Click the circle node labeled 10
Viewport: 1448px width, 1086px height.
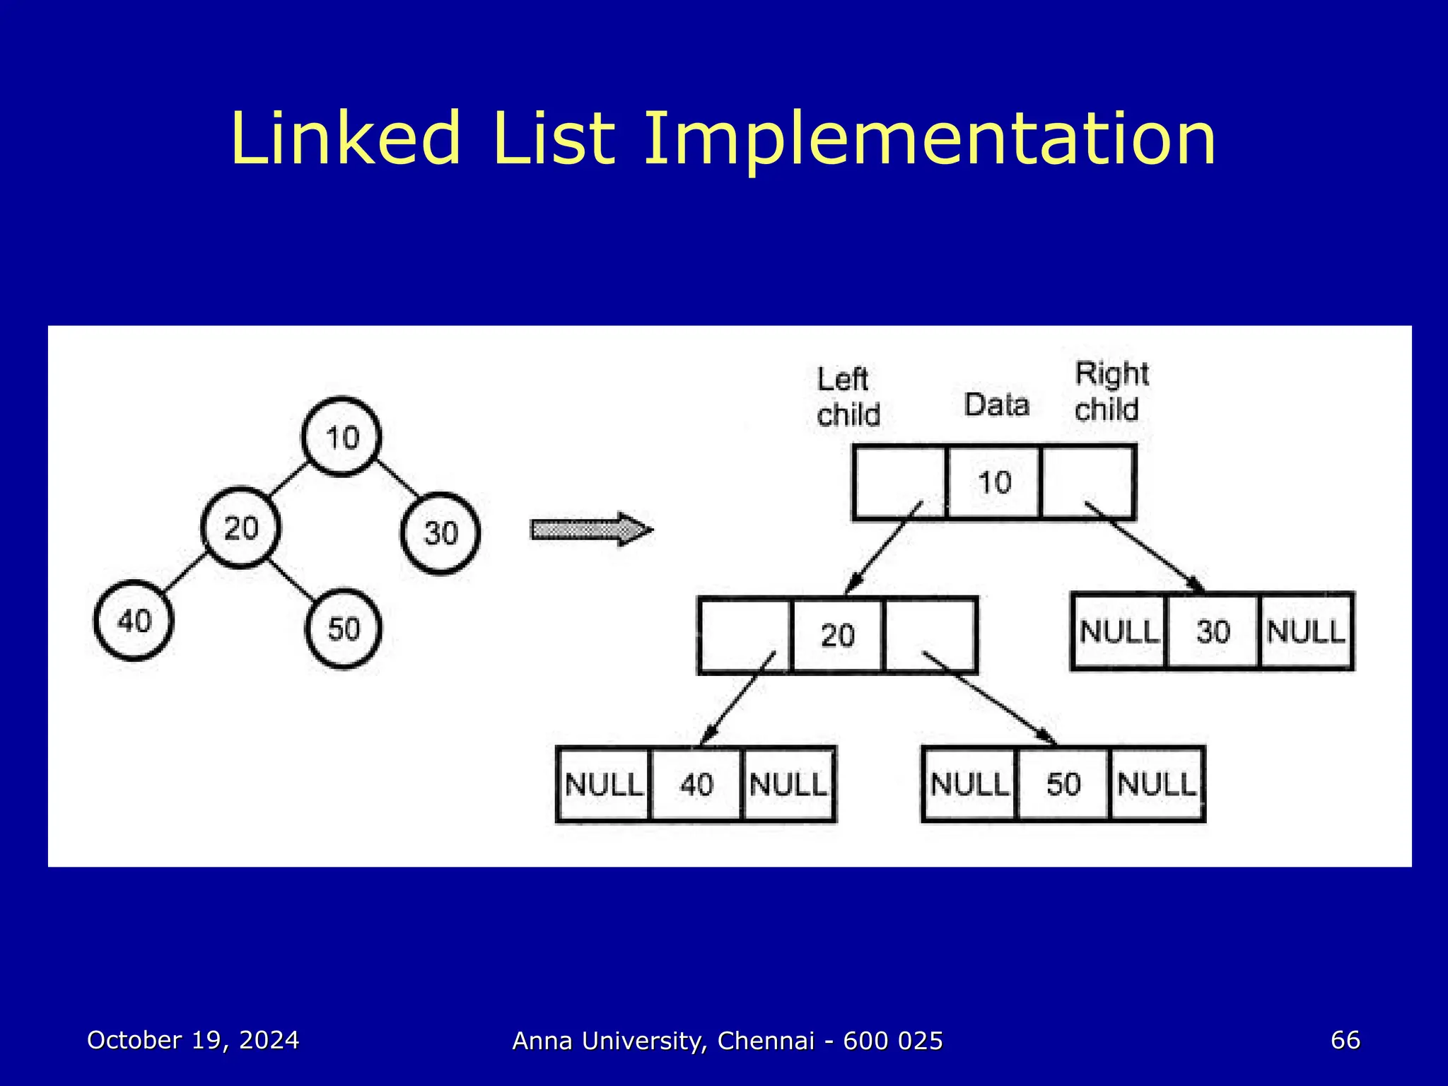pos(341,437)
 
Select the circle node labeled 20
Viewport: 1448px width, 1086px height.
pos(240,527)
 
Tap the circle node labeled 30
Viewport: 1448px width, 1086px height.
pos(440,532)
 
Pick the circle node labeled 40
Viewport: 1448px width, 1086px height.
pos(134,621)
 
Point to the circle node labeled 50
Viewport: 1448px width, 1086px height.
pos(343,628)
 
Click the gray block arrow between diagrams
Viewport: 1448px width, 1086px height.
pos(591,530)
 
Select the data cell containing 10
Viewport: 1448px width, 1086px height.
pos(993,483)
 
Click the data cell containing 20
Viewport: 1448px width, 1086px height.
pos(837,635)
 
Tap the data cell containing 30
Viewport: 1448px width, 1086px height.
pos(1213,631)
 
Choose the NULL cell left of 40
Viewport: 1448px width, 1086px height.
pos(604,784)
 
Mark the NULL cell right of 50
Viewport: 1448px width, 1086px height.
pos(1157,783)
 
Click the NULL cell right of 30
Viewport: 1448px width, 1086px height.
pos(1306,631)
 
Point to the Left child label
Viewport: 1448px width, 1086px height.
pos(848,397)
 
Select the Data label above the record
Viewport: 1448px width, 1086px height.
pos(996,405)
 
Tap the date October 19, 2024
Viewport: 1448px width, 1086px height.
pos(193,1040)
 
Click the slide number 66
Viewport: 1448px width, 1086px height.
pos(1345,1040)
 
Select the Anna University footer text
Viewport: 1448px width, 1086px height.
pos(728,1041)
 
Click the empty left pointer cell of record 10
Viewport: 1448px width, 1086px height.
pos(899,483)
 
